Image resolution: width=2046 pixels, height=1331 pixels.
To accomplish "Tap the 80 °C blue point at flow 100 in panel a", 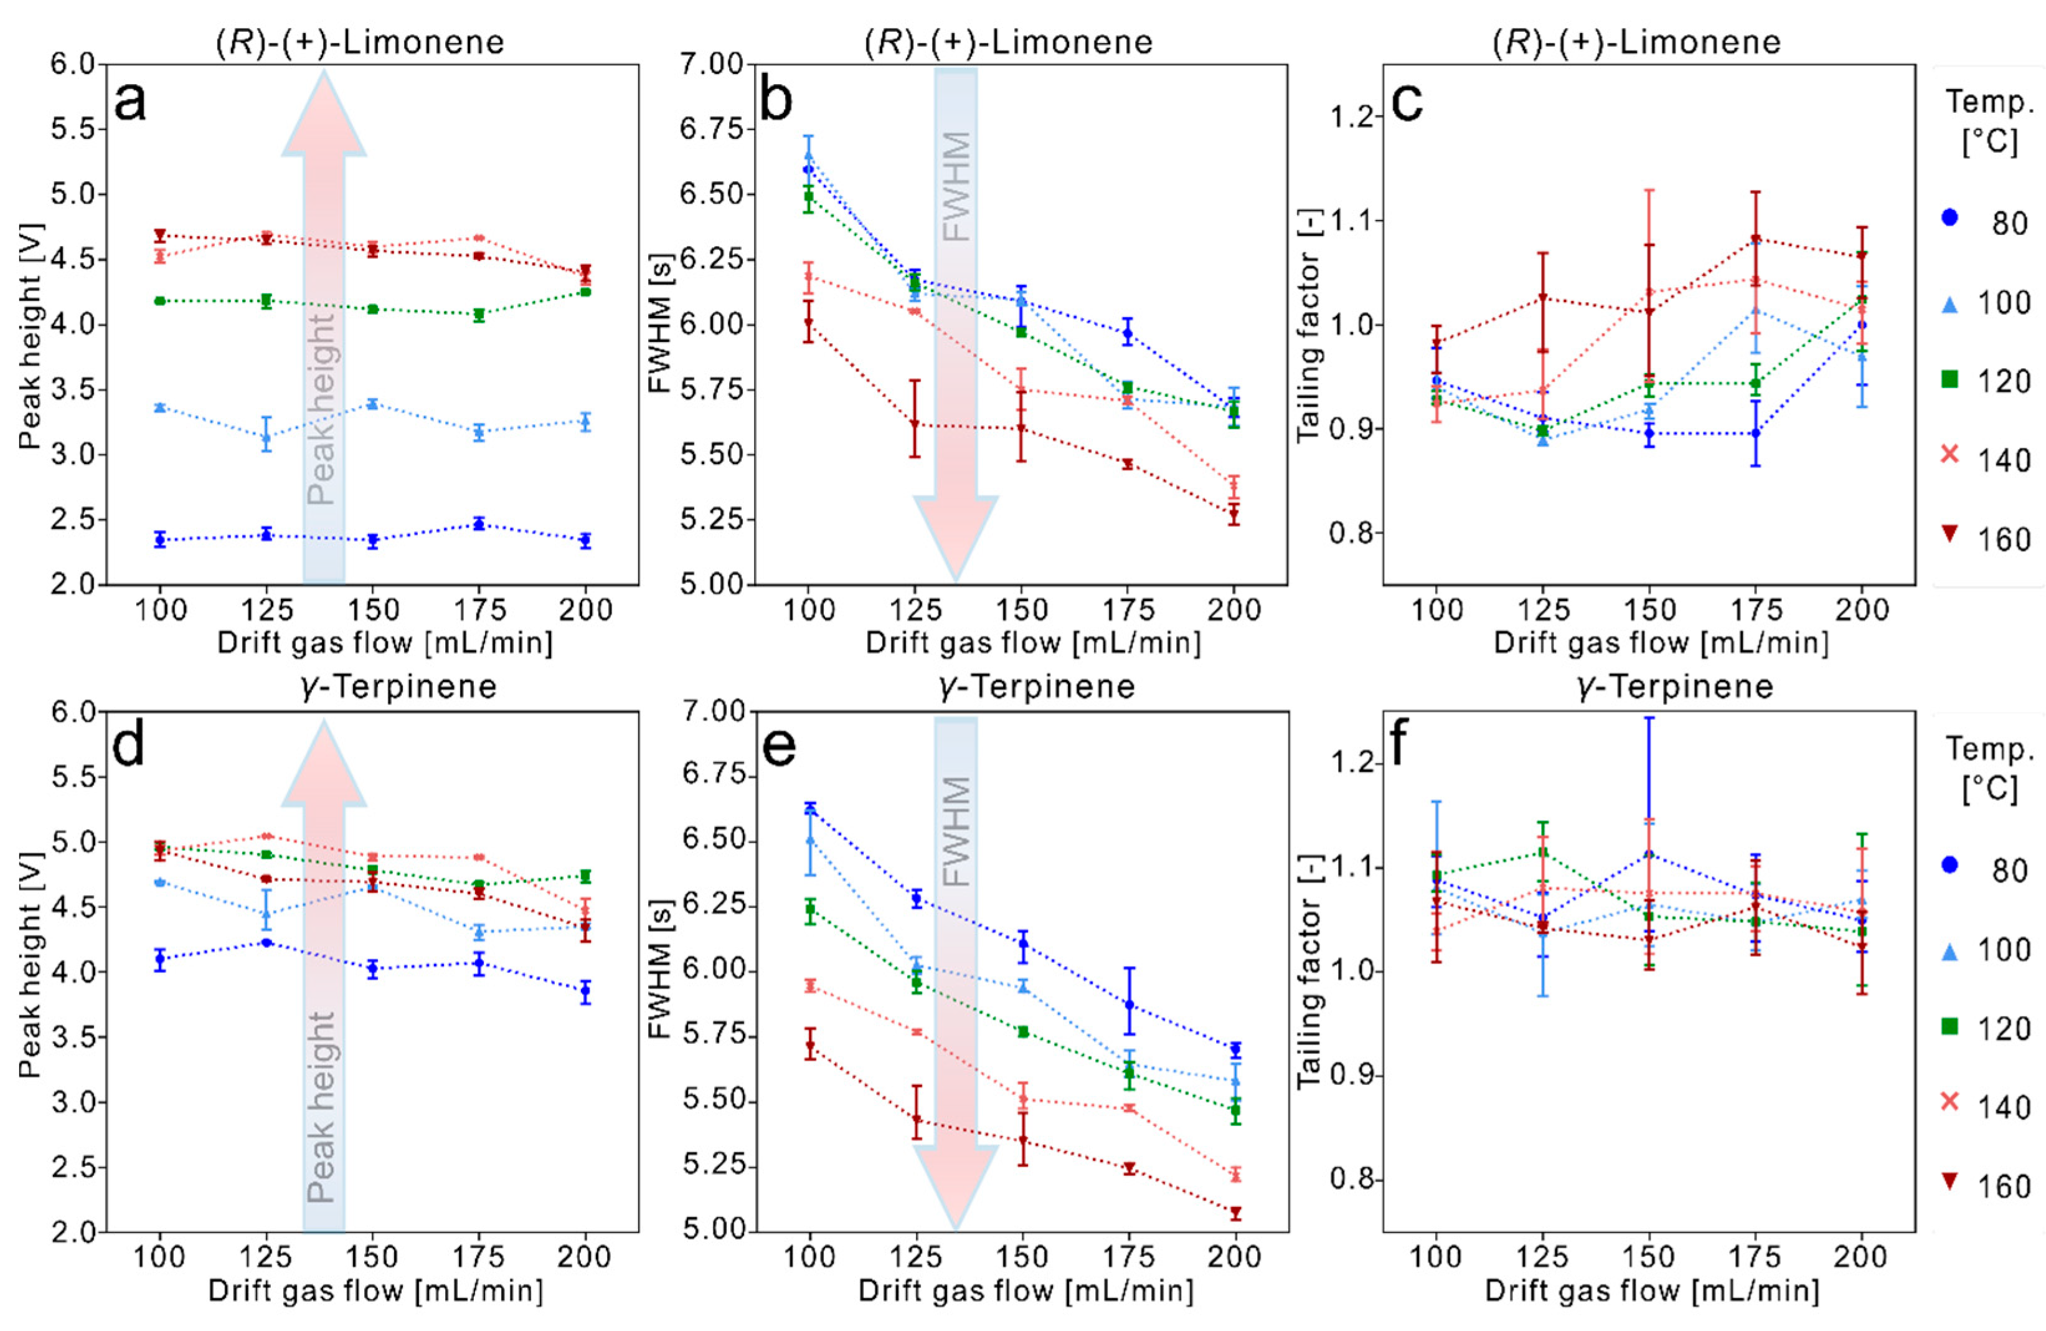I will coord(160,540).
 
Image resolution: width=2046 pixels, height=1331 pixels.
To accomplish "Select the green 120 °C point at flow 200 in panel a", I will coord(585,292).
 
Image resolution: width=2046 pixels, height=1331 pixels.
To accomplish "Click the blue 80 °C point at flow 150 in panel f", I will coord(1649,854).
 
